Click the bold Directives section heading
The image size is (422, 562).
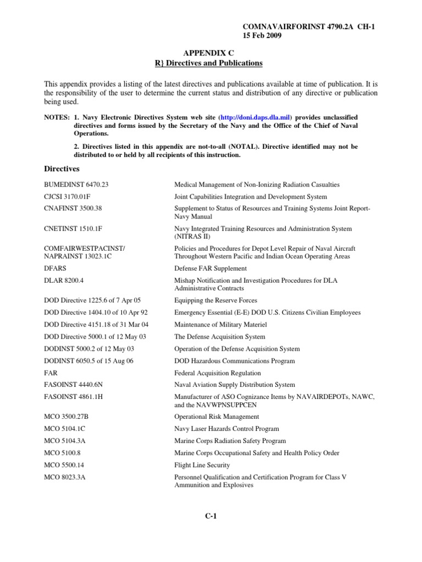coord(62,168)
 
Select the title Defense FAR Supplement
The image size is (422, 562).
coord(210,268)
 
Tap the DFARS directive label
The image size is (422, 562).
coord(55,268)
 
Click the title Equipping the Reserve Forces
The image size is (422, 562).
coord(215,301)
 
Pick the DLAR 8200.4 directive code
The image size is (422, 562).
coord(64,280)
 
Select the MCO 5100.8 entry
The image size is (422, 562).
coord(62,453)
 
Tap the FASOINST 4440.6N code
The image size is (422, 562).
coord(74,385)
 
